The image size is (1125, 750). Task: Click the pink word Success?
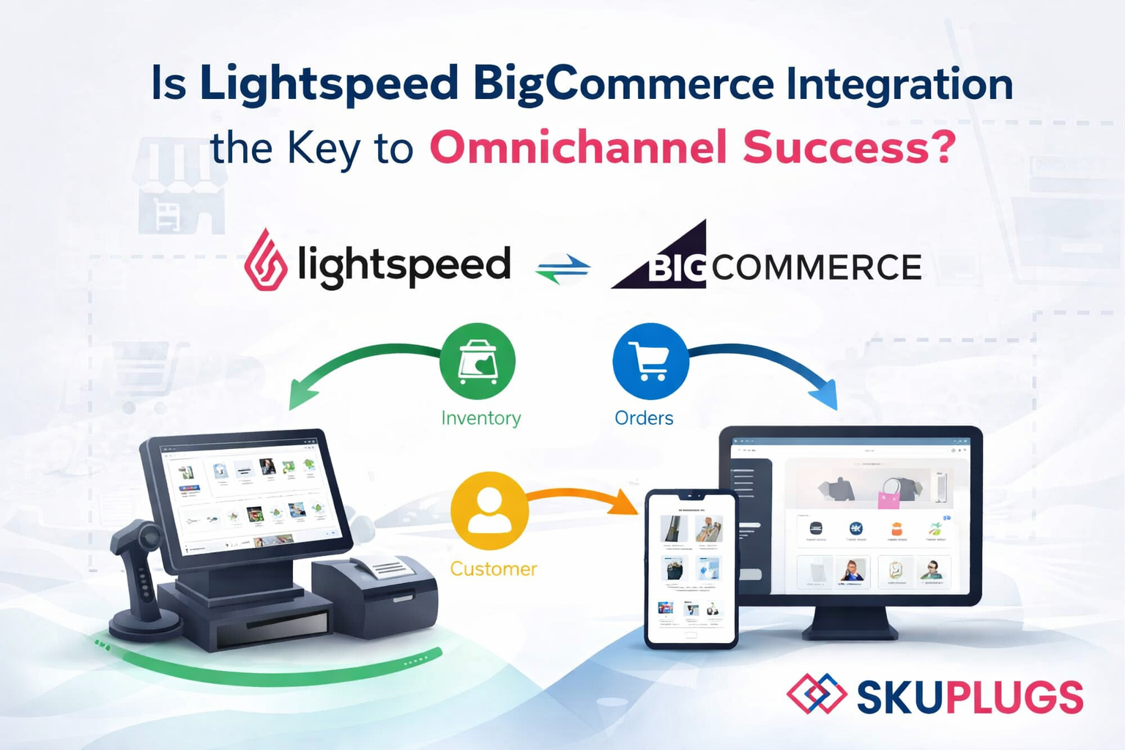coord(850,148)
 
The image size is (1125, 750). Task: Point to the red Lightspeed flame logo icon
coord(265,260)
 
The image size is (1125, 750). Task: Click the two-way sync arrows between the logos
coord(562,269)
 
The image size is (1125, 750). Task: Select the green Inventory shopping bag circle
coord(478,361)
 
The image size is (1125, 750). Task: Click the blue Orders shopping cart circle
coord(650,361)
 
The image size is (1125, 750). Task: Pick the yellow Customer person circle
coord(489,510)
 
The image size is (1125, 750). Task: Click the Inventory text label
coord(481,418)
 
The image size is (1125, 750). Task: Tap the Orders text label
coord(644,418)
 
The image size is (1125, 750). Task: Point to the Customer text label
coord(493,569)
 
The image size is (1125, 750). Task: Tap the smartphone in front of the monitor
coord(691,569)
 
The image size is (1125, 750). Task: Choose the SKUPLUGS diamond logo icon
coord(817,694)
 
